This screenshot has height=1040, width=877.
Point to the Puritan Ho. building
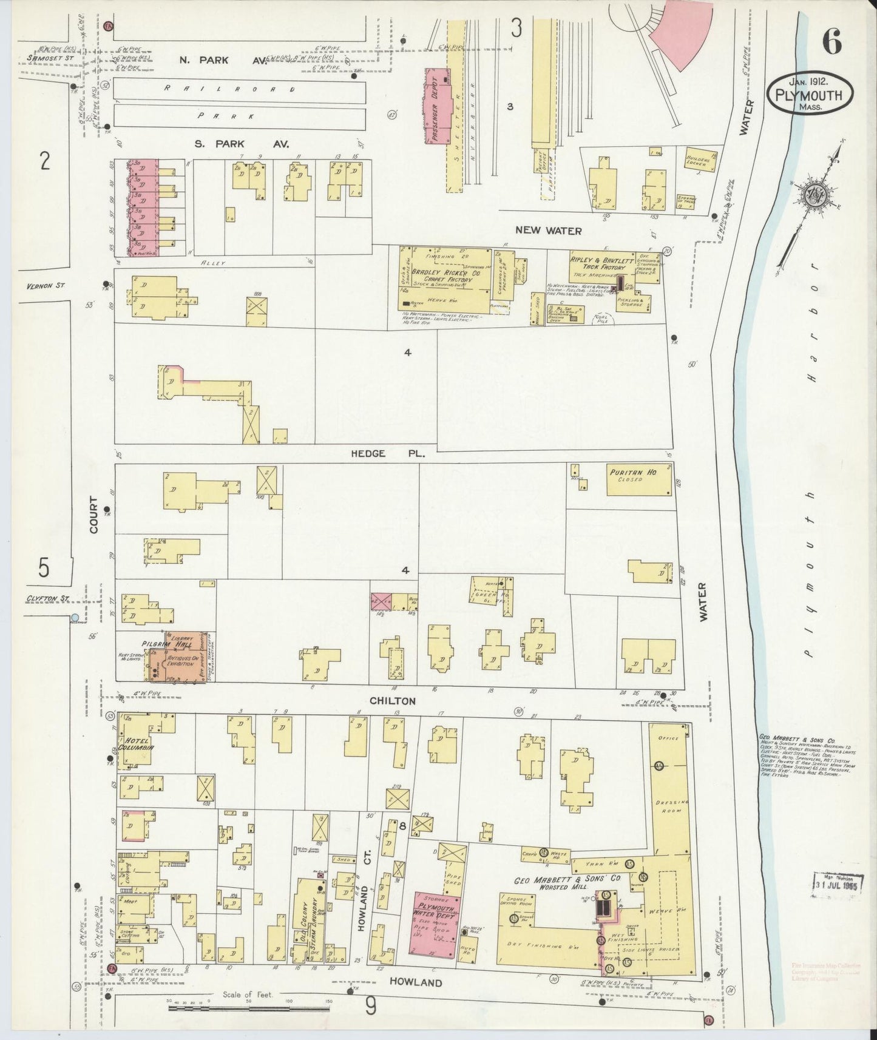(640, 480)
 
